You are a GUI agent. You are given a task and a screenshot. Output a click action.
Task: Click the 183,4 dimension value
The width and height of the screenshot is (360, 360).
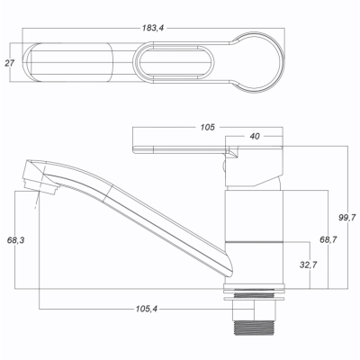coord(153,28)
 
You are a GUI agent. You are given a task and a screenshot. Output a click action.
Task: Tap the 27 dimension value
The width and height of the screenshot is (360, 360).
coord(9,63)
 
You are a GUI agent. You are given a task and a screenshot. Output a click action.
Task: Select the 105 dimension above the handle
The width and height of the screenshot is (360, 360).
coord(208,127)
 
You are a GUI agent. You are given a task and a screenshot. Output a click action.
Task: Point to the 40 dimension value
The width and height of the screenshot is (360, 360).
coord(255,136)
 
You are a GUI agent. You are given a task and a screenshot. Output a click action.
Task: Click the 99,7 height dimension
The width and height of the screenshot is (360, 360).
coord(347,218)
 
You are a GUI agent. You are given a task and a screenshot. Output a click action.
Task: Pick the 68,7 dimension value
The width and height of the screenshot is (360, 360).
coord(328,239)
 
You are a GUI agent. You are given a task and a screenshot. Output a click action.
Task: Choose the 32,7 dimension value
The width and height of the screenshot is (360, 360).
coord(309,265)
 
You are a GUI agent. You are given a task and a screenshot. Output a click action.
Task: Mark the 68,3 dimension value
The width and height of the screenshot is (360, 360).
coord(15,240)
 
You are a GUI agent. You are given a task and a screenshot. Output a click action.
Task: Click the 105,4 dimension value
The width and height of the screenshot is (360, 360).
coord(147,309)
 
